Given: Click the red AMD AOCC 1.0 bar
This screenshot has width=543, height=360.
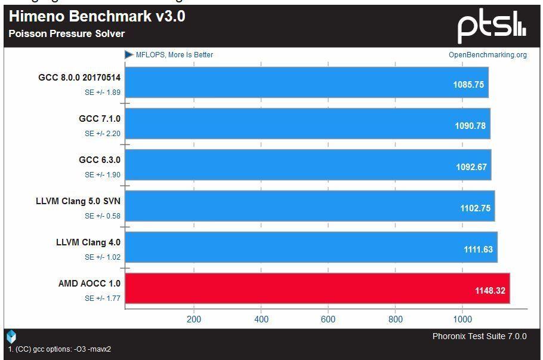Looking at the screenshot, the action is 317,288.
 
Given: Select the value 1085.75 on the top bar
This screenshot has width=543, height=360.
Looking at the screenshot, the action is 468,85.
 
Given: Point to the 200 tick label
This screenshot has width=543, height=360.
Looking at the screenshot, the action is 193,319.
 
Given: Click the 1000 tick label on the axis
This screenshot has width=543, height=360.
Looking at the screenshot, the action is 462,319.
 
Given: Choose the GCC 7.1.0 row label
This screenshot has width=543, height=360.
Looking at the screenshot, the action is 100,118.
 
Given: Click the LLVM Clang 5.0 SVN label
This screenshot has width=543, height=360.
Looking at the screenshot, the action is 78,201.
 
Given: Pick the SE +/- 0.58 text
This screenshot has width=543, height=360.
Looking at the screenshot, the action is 103,216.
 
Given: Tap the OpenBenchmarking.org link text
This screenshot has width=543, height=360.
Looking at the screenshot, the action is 488,55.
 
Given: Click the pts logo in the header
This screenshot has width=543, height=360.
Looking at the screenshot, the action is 492,26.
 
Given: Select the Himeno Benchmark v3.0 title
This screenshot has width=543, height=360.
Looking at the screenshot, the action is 97,16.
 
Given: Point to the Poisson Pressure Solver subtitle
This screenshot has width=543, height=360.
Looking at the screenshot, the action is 66,33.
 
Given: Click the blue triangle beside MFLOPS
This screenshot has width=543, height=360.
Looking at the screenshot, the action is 129,54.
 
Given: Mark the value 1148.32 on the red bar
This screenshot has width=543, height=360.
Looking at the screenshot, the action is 490,291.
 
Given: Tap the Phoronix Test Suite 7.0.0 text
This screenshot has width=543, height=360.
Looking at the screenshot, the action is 480,336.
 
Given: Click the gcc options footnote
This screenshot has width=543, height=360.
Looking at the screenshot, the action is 60,349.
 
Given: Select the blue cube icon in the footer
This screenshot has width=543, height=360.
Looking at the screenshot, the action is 11,337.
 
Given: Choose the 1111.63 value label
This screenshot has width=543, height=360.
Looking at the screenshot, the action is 478,250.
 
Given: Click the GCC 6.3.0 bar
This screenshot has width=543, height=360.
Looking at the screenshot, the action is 308,165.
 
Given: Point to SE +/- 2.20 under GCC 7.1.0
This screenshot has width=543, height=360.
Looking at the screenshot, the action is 103,133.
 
